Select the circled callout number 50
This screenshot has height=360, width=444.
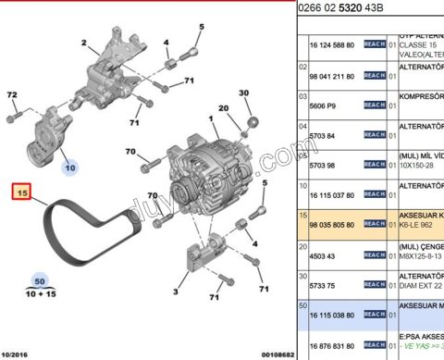click(x=39, y=280)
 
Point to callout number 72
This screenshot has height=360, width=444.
click(x=12, y=95)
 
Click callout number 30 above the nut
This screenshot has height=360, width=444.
click(x=244, y=93)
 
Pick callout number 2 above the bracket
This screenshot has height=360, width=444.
click(x=83, y=43)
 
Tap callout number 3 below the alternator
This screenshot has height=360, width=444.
click(x=175, y=293)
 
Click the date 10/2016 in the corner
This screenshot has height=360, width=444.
click(x=20, y=353)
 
